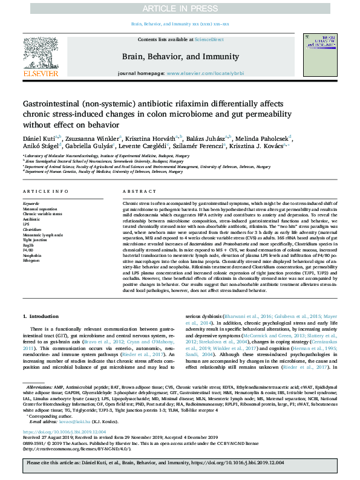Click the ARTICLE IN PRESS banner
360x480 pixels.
click(x=180, y=9)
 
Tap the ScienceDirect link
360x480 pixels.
click(x=209, y=39)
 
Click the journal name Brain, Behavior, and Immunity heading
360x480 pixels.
click(x=180, y=54)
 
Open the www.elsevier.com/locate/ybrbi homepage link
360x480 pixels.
click(x=204, y=73)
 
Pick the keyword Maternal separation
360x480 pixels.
click(x=40, y=209)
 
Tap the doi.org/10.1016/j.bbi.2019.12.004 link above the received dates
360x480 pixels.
click(x=64, y=432)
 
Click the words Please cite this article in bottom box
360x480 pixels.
click(x=51, y=462)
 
